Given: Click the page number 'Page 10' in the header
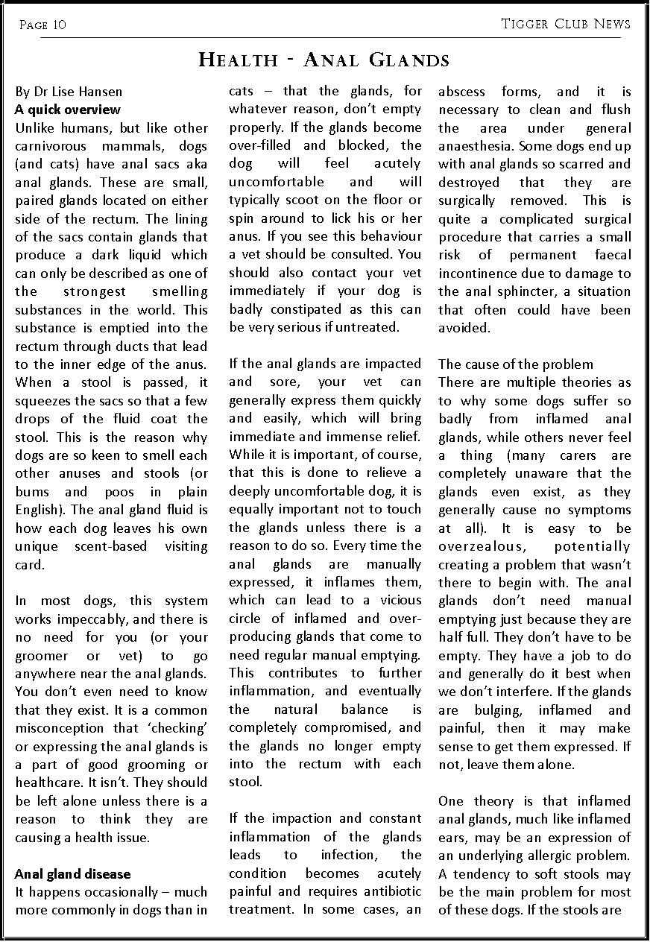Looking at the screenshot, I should pos(42,25).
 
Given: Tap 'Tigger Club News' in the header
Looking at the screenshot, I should pos(566,24).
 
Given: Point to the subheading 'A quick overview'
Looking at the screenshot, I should pos(67,110).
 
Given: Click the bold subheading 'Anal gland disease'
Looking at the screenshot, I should pos(72,873).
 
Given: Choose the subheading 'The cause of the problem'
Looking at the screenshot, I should pos(516,364).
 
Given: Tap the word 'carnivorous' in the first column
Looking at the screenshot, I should pos(51,146).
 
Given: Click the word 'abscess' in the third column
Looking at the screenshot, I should pos(461,92).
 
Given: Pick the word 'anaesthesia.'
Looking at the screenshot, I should pos(477,146).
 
